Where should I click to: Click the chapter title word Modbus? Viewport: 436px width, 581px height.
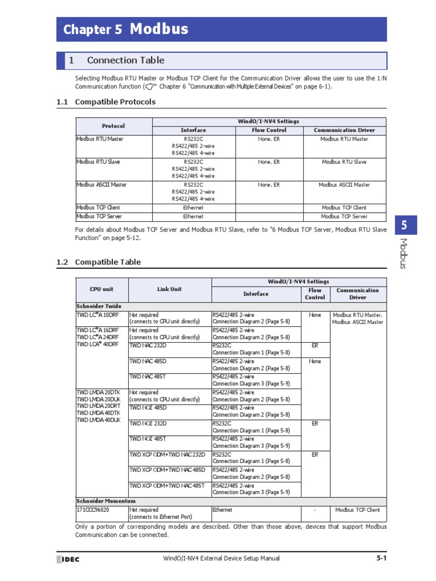[x=159, y=30]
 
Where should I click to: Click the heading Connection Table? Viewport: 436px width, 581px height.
[x=125, y=60]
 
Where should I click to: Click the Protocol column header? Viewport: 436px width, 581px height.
[x=114, y=126]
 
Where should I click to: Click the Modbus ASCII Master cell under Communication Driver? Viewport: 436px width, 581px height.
[x=344, y=184]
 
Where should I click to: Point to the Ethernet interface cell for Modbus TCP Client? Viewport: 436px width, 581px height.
[x=193, y=208]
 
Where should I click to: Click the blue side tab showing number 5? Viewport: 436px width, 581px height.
[x=404, y=226]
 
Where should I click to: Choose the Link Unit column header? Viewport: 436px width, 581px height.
[x=169, y=289]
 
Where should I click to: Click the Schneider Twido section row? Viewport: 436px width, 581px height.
[x=99, y=306]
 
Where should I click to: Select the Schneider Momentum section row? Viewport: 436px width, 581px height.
[x=106, y=501]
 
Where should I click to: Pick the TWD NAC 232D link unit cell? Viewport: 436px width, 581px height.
[x=148, y=345]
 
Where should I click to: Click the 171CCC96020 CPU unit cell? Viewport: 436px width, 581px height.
[x=93, y=510]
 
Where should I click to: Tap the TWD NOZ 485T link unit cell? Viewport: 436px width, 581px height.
[x=148, y=439]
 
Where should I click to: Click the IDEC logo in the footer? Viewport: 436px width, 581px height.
[x=68, y=559]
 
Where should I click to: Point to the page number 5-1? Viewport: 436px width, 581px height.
[x=381, y=558]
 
